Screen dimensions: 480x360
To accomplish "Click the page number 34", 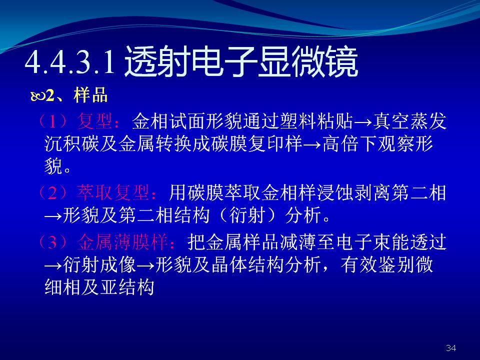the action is click(x=451, y=348).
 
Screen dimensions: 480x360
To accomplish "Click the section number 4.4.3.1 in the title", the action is click(x=70, y=62).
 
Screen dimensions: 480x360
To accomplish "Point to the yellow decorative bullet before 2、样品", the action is click(x=38, y=96).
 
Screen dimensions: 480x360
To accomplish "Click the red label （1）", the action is click(x=52, y=121).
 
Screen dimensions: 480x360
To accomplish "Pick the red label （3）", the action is click(x=52, y=241).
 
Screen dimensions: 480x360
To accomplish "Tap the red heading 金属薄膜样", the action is click(x=122, y=241).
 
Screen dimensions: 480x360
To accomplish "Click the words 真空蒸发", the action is click(x=409, y=121).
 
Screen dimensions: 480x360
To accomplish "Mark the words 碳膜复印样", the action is click(x=257, y=144).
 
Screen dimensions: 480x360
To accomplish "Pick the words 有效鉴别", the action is click(x=377, y=264).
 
